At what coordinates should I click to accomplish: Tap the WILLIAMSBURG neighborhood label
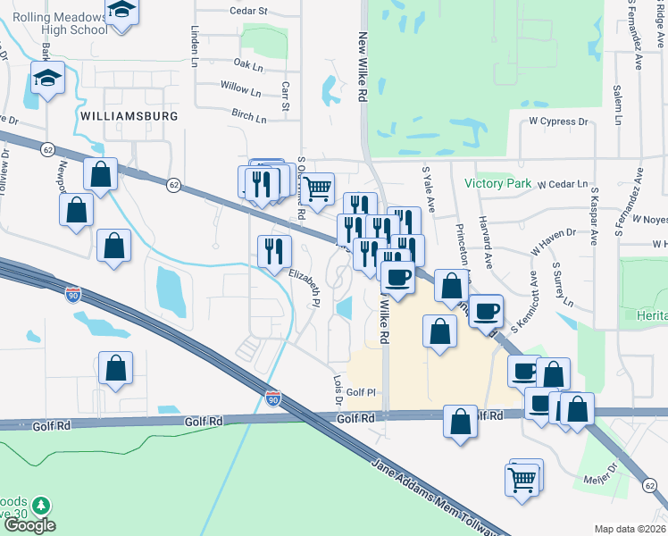point(129,116)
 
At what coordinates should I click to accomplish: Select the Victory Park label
point(497,184)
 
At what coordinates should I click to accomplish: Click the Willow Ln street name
point(241,91)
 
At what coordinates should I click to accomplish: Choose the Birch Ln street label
point(248,117)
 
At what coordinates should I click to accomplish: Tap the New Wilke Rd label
point(363,68)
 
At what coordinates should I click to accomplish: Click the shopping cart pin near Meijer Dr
point(523,478)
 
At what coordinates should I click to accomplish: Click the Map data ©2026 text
point(630,529)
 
